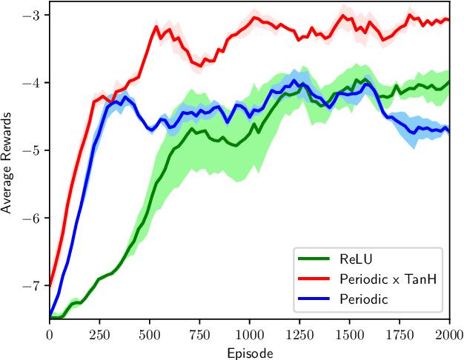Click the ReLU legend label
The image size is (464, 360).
(356, 259)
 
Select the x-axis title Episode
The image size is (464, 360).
(249, 353)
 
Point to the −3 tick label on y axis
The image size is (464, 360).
(33, 15)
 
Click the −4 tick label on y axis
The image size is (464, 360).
(33, 82)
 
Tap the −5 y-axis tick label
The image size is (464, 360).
(33, 150)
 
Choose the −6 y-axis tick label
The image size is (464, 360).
(33, 218)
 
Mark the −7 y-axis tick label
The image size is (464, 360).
(33, 285)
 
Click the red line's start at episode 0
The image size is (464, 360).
(50, 284)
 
